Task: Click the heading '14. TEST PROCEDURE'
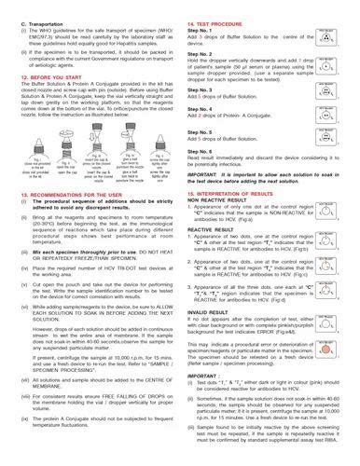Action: point(215,8)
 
